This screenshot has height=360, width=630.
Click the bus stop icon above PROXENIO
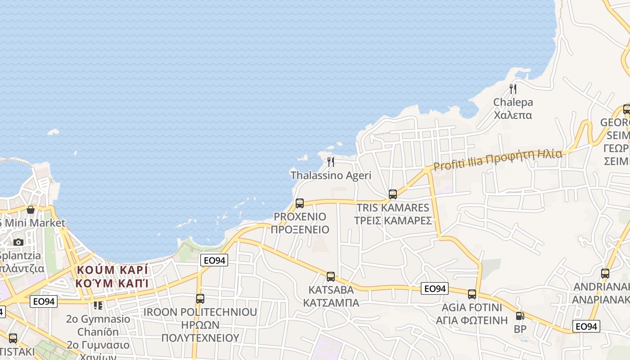coord(300,203)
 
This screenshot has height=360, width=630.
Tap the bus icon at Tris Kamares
coord(393,194)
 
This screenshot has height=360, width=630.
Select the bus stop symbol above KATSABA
coord(331,277)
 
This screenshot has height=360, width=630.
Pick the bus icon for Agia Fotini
coord(472,294)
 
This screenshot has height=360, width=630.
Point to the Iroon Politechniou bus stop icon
coord(200,298)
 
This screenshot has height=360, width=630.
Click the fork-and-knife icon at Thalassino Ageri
coord(331,162)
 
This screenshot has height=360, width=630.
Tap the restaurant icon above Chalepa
coord(513,89)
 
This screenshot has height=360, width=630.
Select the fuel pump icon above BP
coord(520,316)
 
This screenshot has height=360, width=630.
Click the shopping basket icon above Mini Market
coord(31,210)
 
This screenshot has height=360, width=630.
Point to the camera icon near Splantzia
coord(18,242)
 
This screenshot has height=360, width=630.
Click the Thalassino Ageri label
coord(331,175)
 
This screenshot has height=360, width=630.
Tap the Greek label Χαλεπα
coord(513,115)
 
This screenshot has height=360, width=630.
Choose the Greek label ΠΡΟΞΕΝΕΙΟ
coord(300,230)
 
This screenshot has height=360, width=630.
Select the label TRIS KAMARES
coord(393,208)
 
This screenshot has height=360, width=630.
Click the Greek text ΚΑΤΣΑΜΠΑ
coord(331,303)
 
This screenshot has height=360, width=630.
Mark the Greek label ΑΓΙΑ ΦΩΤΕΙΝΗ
coord(472,320)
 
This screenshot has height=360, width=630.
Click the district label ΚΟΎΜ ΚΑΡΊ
coord(112,270)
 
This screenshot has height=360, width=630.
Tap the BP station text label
coord(520,329)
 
